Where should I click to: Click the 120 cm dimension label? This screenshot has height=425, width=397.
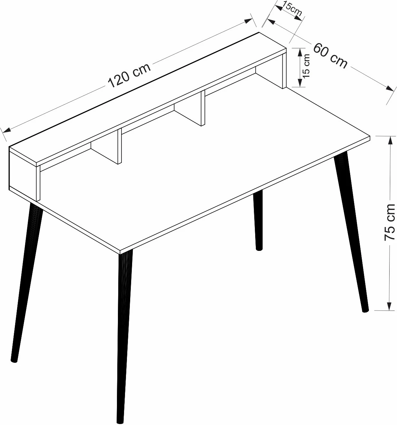click(130, 76)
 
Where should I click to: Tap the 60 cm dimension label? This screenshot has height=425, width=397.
click(330, 56)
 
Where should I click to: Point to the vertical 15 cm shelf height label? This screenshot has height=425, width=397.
click(307, 66)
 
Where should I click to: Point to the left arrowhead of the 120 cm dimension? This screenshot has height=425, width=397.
click(6, 130)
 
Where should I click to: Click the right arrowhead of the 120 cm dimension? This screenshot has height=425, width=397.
click(249, 21)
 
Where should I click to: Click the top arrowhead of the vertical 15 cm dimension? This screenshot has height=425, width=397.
click(300, 53)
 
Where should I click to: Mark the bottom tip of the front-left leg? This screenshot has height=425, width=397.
click(120, 423)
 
